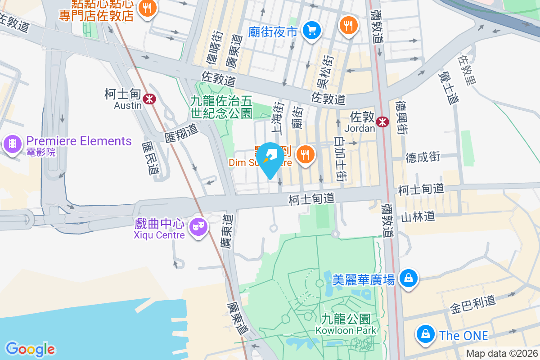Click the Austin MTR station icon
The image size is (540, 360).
(x=149, y=98)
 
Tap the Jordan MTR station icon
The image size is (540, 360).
(x=383, y=121)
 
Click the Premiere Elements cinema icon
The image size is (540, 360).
(x=12, y=144)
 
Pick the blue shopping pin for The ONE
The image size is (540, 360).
(x=425, y=334)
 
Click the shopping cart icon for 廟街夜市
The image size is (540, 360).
(x=311, y=31)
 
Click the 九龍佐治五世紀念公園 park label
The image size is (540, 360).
(x=221, y=107)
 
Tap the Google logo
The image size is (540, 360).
(x=30, y=349)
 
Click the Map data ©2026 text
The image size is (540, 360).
(x=502, y=354)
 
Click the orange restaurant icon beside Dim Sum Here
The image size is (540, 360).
(x=306, y=155)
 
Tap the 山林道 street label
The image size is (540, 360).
(x=418, y=217)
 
